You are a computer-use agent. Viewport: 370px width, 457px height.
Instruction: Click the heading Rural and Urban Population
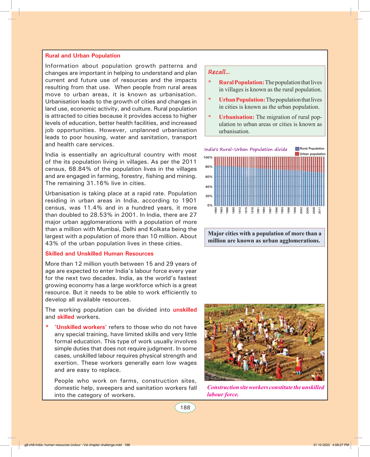(83, 56)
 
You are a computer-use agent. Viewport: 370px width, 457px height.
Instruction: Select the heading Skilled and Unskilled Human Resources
(99, 254)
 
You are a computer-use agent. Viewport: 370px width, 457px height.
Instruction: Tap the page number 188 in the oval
(185, 407)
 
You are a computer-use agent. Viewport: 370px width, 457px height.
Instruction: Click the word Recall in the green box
(219, 72)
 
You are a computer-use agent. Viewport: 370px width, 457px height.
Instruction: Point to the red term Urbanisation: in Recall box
(236, 117)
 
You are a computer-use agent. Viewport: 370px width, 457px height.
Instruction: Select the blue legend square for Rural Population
(297, 149)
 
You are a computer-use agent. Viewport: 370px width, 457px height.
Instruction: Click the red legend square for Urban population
(297, 154)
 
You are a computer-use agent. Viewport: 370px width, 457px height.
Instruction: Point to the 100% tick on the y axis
(208, 157)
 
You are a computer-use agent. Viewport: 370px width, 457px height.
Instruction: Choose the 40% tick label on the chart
(209, 187)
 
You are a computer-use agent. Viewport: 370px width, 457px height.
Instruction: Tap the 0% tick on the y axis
(210, 205)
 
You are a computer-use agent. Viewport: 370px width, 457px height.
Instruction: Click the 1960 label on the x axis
(216, 211)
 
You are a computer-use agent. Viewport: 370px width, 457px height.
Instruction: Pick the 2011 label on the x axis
(320, 211)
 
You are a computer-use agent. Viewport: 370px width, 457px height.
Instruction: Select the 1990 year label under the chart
(276, 211)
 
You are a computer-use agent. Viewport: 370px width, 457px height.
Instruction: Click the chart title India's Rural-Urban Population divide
(246, 149)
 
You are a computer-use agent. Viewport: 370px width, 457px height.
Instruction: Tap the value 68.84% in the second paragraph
(80, 169)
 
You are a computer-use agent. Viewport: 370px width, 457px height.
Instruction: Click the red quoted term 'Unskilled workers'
(81, 327)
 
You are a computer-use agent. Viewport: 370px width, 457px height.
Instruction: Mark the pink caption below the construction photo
(265, 391)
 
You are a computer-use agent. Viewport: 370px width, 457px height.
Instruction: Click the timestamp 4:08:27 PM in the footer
(340, 445)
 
